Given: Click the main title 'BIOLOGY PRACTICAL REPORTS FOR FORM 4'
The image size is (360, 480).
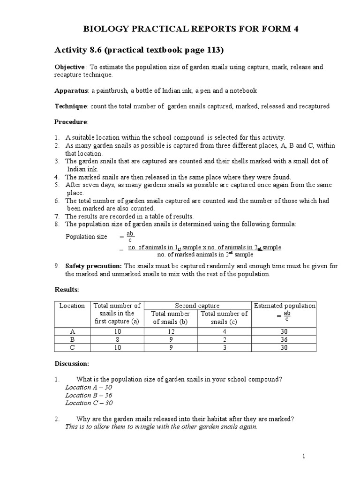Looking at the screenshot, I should (190, 29).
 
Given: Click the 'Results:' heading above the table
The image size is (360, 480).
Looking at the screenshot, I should (67, 291).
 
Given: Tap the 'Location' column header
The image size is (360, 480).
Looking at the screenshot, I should (72, 306).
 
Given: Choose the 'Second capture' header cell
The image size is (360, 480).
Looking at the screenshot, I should (197, 306).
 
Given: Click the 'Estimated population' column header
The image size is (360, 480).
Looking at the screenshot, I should (285, 306).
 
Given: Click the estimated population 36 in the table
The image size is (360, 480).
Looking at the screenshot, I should (284, 339).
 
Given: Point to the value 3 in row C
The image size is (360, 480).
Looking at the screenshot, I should (224, 347).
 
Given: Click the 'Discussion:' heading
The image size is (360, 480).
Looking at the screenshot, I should (71, 363).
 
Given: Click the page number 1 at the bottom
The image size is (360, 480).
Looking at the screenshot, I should (304, 456).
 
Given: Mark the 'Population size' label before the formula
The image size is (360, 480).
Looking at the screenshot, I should (86, 237).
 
